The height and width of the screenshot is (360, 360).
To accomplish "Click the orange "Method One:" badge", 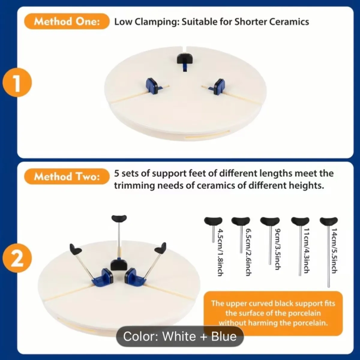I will pyautogui.click(x=67, y=22).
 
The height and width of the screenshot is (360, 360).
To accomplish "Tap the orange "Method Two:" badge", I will pyautogui.click(x=67, y=176).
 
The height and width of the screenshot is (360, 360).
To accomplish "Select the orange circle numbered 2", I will pyautogui.click(x=17, y=259).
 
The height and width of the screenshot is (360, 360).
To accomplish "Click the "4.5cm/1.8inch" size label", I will pyautogui.click(x=220, y=252).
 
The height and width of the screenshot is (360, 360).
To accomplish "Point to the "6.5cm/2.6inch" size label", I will pyautogui.click(x=249, y=252).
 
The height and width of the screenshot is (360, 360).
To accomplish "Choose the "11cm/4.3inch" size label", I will pyautogui.click(x=306, y=251).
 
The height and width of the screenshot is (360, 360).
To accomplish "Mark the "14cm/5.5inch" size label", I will pyautogui.click(x=334, y=251).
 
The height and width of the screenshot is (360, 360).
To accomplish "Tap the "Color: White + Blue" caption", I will pyautogui.click(x=180, y=336).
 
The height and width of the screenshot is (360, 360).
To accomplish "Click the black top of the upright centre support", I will pyautogui.click(x=119, y=218).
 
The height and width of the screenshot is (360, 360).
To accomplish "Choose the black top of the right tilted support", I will pyautogui.click(x=160, y=248).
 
